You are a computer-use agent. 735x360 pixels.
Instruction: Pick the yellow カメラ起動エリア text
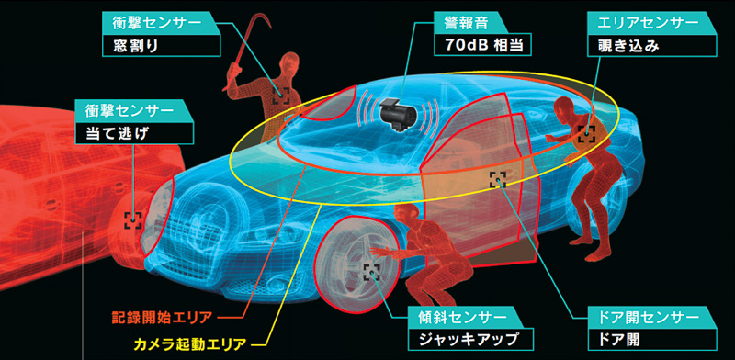click(x=187, y=344)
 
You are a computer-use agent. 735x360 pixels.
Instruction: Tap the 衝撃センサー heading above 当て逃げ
click(x=132, y=109)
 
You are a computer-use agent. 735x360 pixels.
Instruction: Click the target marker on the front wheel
click(x=372, y=271)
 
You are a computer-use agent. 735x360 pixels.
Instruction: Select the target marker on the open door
click(x=498, y=179)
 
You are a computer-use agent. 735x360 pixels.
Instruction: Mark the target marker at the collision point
click(x=134, y=219)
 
